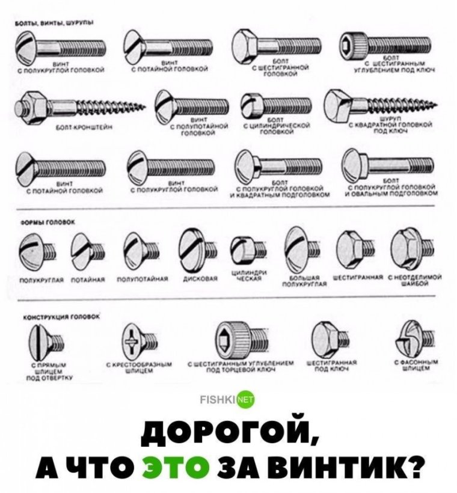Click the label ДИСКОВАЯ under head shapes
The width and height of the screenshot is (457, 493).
point(195,280)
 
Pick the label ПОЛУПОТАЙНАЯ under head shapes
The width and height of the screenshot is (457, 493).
point(139,280)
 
